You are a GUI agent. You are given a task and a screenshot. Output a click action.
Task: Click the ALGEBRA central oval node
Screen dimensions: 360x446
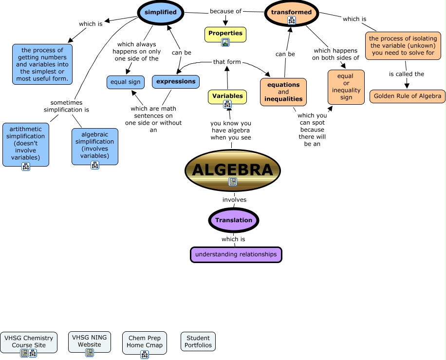232,170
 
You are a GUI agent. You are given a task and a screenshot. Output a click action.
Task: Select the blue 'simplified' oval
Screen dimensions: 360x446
160,12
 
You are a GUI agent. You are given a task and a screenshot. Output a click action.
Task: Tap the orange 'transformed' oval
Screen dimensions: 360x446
291,13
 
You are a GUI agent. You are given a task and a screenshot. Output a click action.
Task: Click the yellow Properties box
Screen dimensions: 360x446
225,34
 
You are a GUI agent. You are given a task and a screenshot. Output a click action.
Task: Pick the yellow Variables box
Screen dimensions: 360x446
227,96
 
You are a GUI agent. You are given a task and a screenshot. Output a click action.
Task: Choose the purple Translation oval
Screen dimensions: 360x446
234,220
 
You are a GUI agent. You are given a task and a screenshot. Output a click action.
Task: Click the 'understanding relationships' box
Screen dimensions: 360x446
236,254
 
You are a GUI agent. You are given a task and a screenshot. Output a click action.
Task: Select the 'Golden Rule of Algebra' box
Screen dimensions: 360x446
408,96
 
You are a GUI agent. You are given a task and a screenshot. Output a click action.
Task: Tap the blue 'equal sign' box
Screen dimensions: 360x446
125,82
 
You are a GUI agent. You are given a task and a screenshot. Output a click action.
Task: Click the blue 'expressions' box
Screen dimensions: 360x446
176,81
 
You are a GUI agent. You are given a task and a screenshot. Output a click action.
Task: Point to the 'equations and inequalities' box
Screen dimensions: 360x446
283,92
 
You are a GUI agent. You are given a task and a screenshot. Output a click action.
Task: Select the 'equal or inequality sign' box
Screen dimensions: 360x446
346,87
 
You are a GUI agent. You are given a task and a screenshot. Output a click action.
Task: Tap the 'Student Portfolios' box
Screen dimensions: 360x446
198,341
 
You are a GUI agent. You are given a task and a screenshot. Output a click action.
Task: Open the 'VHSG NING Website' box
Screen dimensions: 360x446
90,341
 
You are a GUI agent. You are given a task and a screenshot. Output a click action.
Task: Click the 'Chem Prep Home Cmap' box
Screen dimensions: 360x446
145,342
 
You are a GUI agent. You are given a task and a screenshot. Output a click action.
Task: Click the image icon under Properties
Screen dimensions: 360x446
225,42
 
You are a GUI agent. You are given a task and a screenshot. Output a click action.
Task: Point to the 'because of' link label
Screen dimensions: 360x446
225,11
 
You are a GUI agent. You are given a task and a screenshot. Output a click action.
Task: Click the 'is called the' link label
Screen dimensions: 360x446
407,74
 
